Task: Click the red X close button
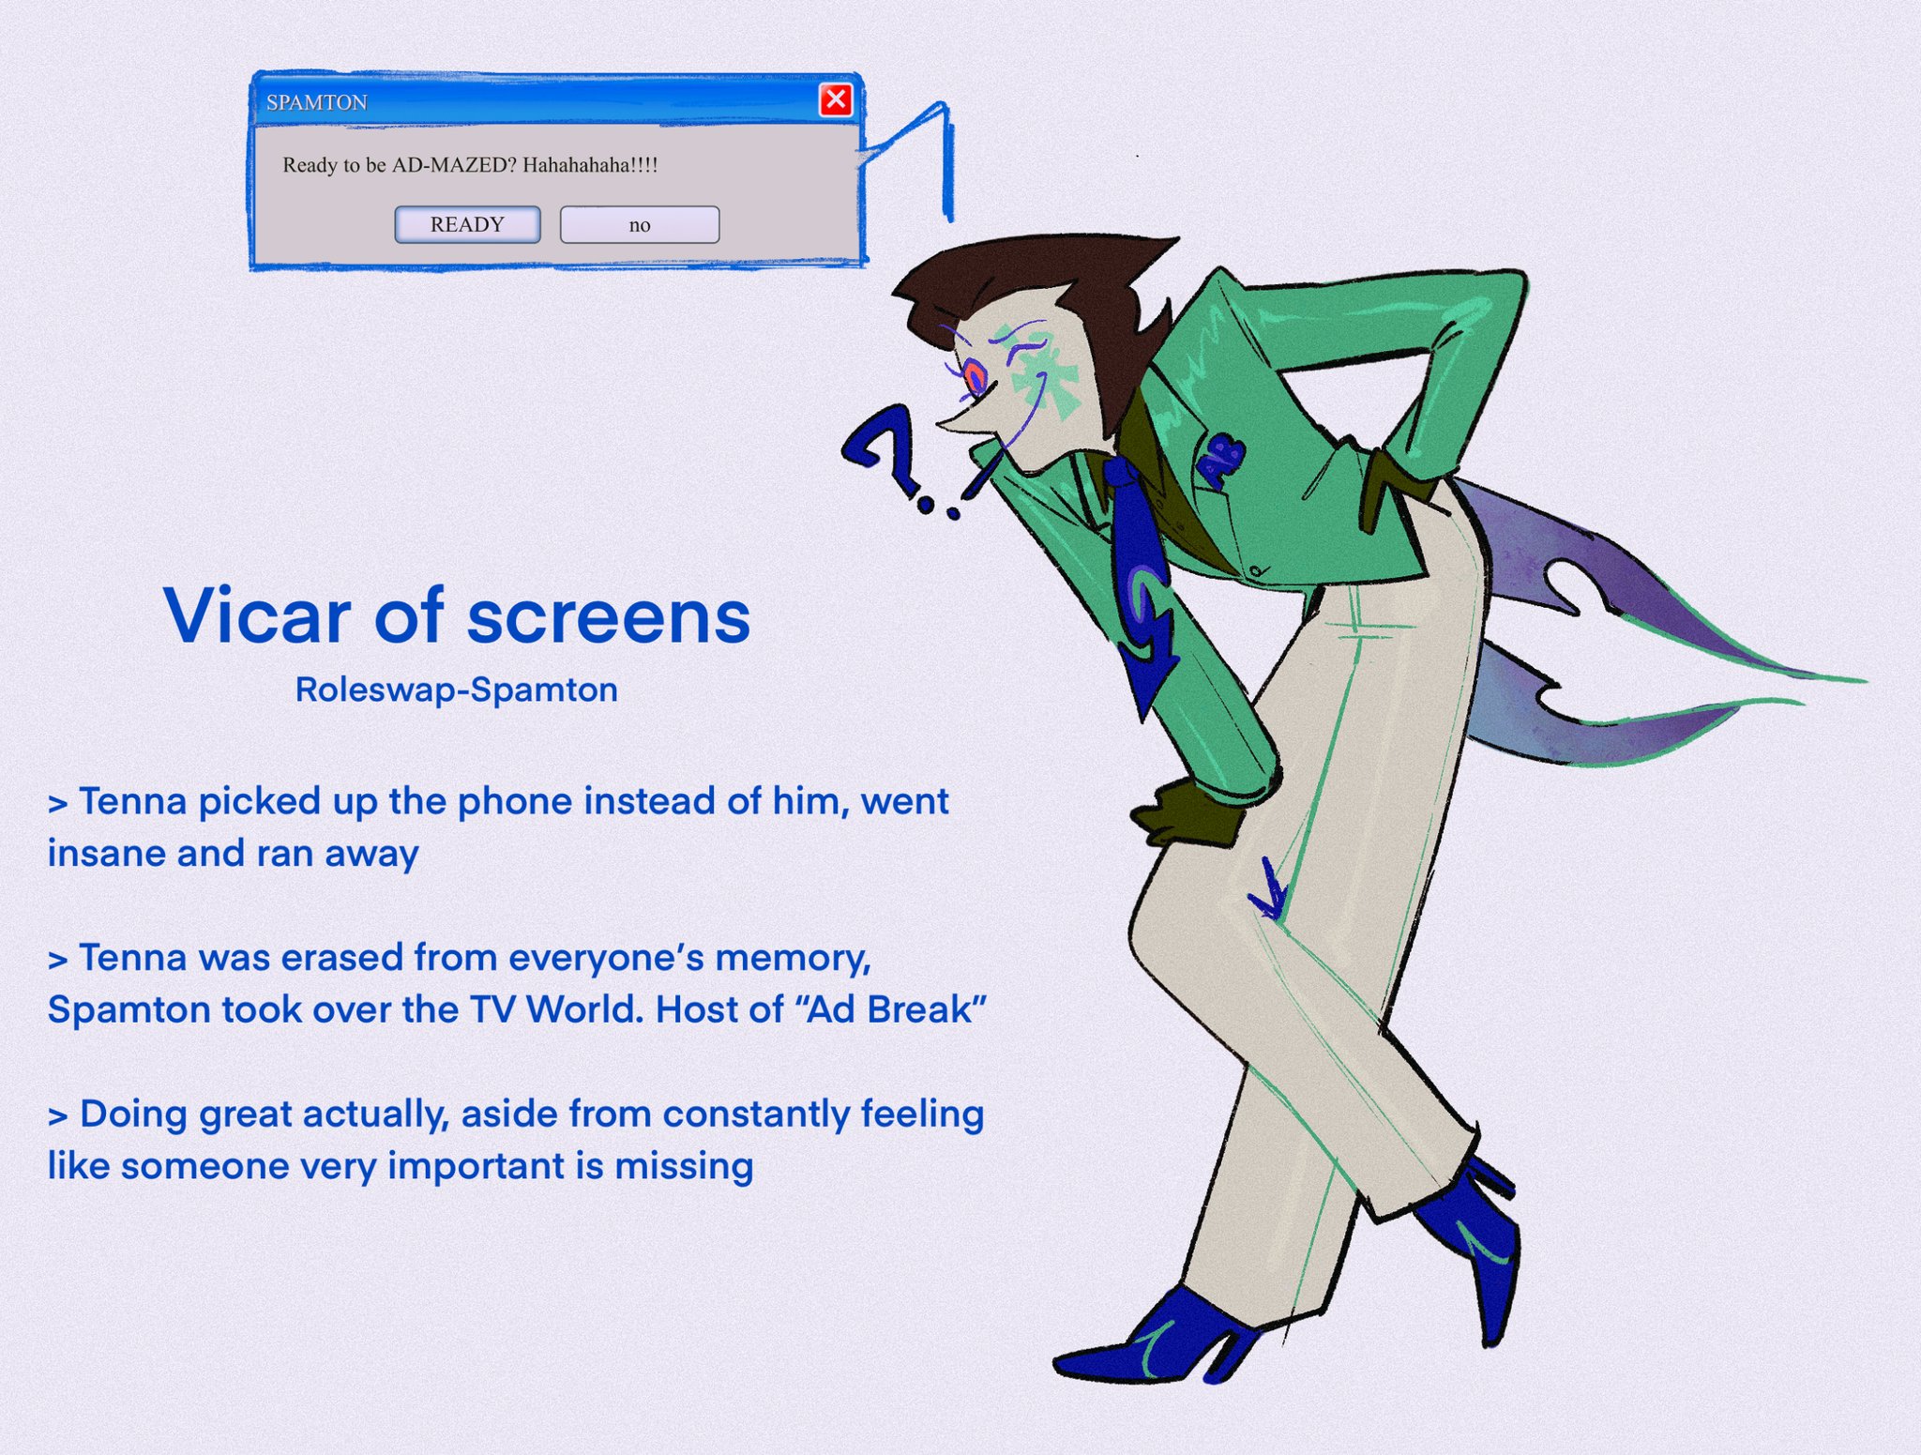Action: (836, 99)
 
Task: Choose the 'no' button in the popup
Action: (640, 225)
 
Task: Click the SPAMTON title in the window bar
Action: (317, 102)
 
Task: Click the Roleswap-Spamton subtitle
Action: (457, 690)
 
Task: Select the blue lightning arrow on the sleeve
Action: (1146, 638)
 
